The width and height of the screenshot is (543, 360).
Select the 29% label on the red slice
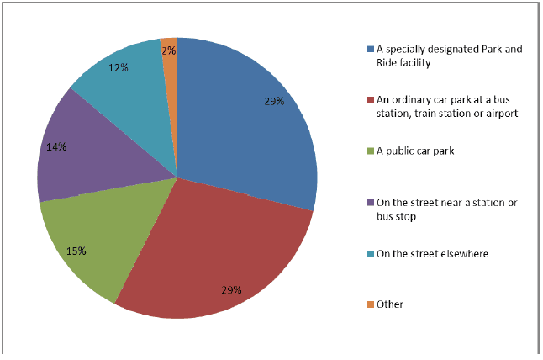click(231, 290)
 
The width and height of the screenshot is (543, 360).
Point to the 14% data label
click(56, 146)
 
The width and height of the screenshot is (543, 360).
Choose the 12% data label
click(119, 66)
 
